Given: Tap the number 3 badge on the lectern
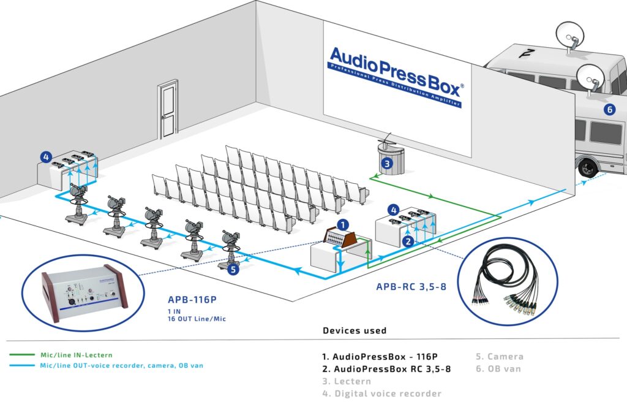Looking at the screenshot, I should click(386, 163).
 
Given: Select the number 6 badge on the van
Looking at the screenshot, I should click(609, 110).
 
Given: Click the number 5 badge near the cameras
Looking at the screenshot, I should click(233, 268).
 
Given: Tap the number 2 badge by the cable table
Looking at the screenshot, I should click(408, 241).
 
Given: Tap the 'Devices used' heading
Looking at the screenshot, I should click(355, 330).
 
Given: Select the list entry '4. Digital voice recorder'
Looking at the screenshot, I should click(381, 393).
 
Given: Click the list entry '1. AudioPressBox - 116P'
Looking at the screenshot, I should click(381, 357).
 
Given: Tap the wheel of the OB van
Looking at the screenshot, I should click(588, 165).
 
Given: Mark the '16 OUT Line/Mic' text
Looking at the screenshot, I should click(202, 318).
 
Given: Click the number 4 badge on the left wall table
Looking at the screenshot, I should click(45, 157).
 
